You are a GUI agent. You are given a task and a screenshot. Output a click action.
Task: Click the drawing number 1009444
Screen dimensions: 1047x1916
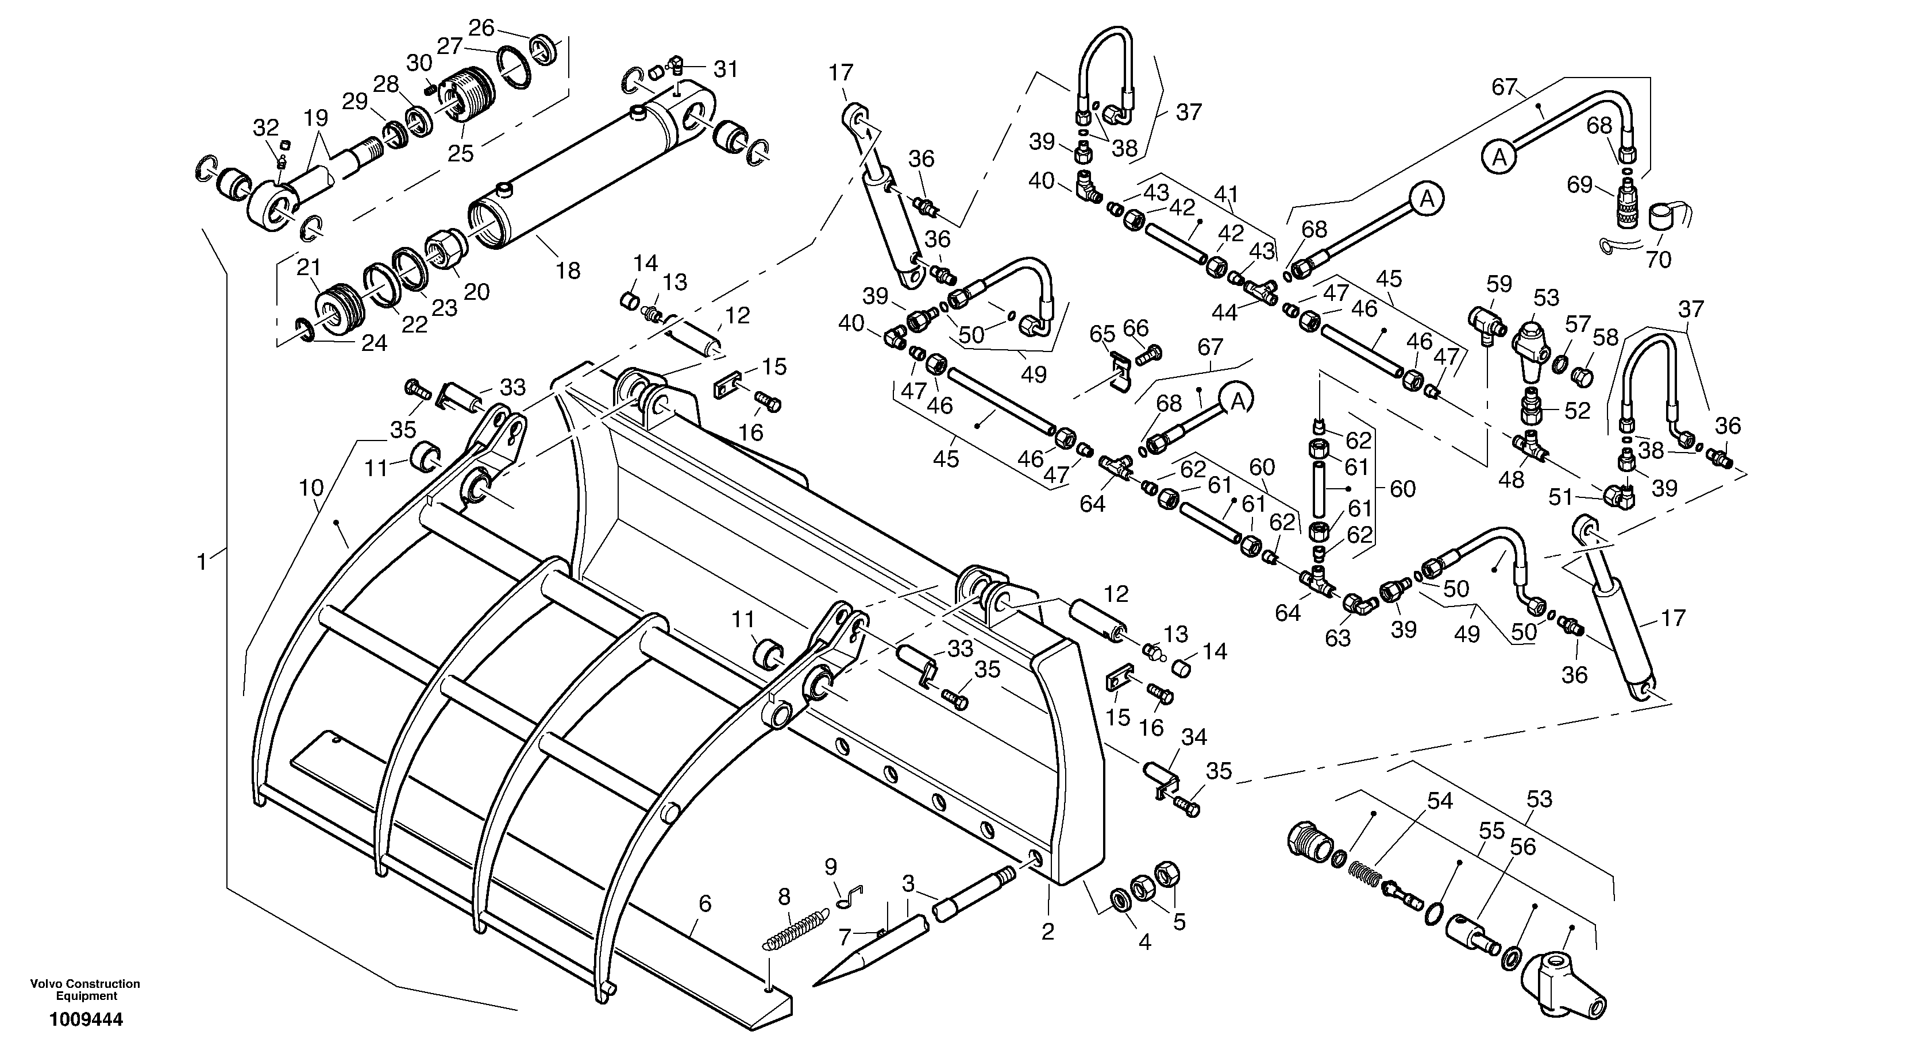click(x=86, y=1019)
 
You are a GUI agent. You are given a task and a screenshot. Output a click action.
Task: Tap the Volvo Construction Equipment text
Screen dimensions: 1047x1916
click(x=85, y=990)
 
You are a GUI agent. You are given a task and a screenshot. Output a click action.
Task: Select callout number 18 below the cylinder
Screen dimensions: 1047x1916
click(x=568, y=271)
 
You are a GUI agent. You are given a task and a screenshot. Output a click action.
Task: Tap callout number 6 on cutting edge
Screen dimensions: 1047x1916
click(x=705, y=904)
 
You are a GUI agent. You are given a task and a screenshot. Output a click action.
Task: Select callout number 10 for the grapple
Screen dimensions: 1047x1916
click(x=311, y=489)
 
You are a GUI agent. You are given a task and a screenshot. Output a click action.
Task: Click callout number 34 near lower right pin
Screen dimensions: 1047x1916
click(x=1194, y=737)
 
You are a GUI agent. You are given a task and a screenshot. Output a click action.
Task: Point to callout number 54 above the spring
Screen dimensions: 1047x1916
click(x=1440, y=801)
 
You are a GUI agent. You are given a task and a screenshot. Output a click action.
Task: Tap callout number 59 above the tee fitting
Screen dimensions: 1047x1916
click(x=1499, y=284)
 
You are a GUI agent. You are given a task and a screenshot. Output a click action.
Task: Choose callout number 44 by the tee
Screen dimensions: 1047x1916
click(x=1225, y=312)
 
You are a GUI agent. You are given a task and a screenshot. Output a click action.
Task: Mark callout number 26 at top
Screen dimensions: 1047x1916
click(x=481, y=28)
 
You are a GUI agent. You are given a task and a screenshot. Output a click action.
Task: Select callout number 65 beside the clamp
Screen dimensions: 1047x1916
click(x=1102, y=333)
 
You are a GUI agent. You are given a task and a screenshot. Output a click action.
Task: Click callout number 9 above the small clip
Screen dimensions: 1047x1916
click(x=831, y=867)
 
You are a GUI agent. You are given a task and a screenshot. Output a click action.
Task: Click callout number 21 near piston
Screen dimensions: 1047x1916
click(x=308, y=267)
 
